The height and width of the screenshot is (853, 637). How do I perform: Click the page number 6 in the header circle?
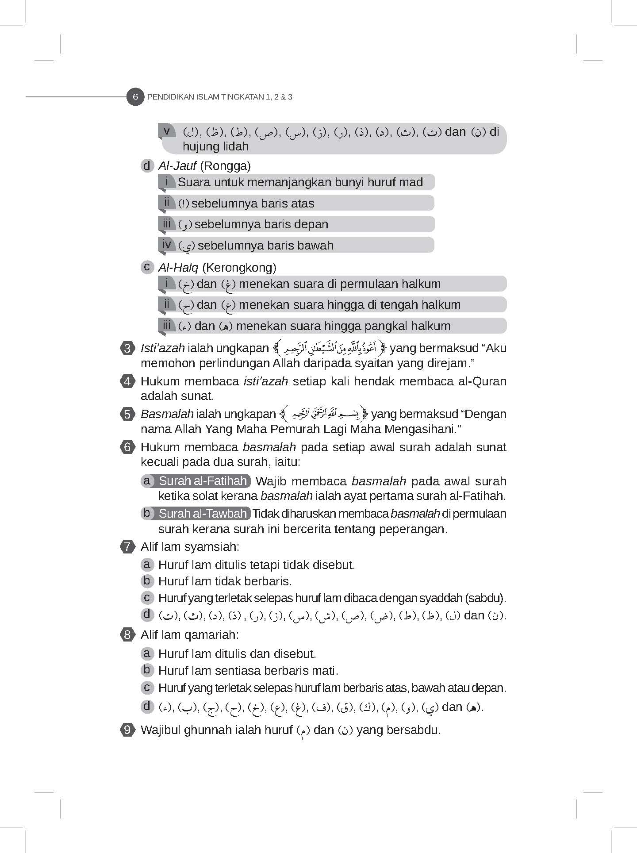(135, 97)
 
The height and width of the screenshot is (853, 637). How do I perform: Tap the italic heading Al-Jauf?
(177, 166)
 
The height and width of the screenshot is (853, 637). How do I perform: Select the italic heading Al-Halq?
(178, 268)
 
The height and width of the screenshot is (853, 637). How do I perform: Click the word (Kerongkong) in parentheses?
(239, 268)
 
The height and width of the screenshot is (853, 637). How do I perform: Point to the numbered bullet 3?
(127, 348)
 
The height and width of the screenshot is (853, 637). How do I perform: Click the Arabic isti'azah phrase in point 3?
(330, 349)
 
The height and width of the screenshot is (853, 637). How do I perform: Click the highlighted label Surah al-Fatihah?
(203, 481)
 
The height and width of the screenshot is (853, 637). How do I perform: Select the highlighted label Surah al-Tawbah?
(203, 514)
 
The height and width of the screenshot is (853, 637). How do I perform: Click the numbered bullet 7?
(127, 547)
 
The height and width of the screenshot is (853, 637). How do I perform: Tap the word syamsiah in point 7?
(212, 547)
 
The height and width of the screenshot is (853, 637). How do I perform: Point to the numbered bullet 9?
(127, 730)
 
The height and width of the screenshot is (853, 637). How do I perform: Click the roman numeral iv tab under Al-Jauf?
(167, 244)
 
